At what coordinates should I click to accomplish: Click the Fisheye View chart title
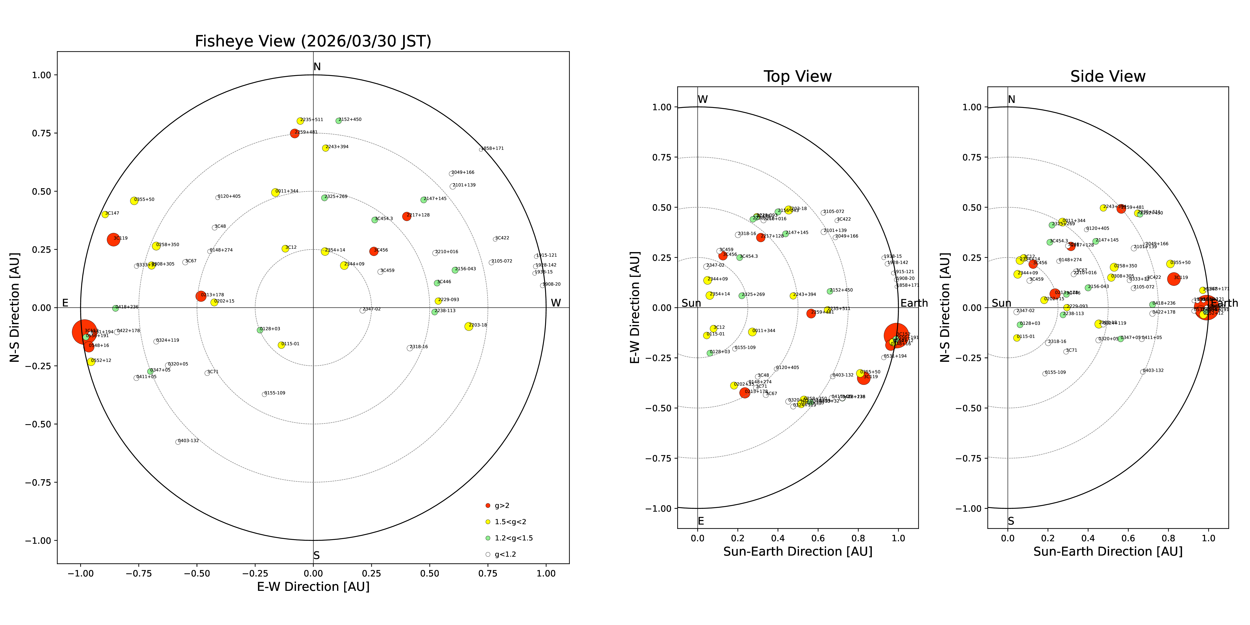(x=313, y=41)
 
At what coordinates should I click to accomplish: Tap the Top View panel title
(x=797, y=77)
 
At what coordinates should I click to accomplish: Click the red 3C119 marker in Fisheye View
(x=113, y=239)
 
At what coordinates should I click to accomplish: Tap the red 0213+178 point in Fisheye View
(x=201, y=296)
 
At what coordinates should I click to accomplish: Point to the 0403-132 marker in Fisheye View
(x=177, y=442)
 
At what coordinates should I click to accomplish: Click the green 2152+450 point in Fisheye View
(x=338, y=121)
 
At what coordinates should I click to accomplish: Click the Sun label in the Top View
(x=691, y=303)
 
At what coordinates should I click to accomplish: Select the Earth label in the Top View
(x=914, y=303)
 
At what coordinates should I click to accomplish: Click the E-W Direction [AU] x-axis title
(x=313, y=587)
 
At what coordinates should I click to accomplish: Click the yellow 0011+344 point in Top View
(x=752, y=332)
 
